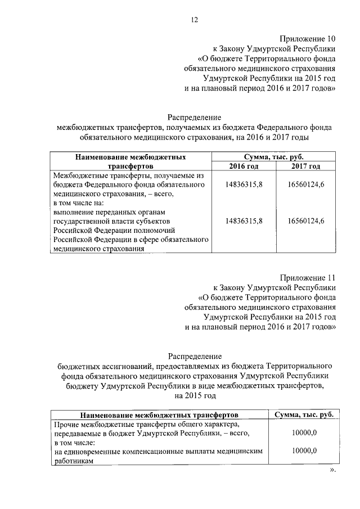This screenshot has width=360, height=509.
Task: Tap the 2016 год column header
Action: pyautogui.click(x=244, y=166)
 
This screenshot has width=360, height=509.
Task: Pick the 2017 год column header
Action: pyautogui.click(x=305, y=166)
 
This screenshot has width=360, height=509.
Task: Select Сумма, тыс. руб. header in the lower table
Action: pyautogui.click(x=304, y=415)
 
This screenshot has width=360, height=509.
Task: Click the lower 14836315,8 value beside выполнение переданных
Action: pyautogui.click(x=244, y=221)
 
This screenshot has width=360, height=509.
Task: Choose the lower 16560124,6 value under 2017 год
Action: pyautogui.click(x=305, y=221)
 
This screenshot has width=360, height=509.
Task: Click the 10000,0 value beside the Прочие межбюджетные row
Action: pyautogui.click(x=304, y=433)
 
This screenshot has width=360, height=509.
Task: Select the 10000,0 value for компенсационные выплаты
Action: pyautogui.click(x=304, y=451)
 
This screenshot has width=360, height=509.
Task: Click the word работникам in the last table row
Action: pyautogui.click(x=74, y=460)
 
